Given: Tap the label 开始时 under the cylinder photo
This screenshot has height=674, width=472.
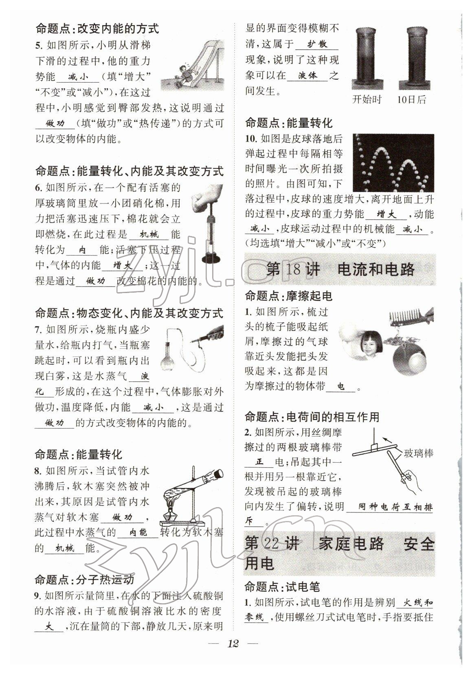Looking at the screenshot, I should tap(367, 99).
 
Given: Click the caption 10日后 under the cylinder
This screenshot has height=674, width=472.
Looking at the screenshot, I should tap(411, 99).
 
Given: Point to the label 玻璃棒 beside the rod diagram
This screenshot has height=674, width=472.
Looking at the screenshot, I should tap(418, 453).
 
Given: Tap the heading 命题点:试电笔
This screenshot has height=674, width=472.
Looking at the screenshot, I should tap(282, 586).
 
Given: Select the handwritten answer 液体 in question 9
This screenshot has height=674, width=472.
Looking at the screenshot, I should tap(307, 76).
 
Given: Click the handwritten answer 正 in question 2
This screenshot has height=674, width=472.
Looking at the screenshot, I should tap(260, 462).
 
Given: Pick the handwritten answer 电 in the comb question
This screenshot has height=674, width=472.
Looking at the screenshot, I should tap(341, 386).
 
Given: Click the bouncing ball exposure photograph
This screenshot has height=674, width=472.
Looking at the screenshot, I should tap(393, 163).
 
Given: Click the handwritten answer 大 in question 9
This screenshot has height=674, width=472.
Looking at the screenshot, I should tap(49, 627).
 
